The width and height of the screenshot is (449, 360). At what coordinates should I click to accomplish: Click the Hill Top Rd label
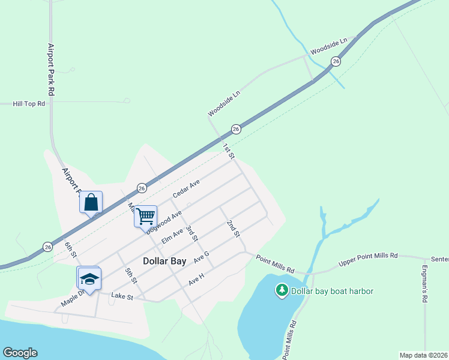tap(29, 104)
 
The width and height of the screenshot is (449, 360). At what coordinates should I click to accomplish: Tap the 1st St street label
tap(228, 151)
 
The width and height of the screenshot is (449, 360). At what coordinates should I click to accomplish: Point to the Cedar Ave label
tap(185, 190)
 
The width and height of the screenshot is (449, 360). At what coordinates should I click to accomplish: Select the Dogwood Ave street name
tap(164, 222)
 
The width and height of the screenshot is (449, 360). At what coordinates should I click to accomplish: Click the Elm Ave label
tap(172, 236)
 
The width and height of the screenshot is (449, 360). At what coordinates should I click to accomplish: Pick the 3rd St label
tap(191, 233)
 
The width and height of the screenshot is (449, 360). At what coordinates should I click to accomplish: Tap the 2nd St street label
tap(233, 228)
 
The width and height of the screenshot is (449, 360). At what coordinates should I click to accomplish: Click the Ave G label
tap(201, 257)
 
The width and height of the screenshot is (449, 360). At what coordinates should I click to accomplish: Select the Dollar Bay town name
tap(165, 261)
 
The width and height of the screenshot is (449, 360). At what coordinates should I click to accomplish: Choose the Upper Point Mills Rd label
tap(368, 259)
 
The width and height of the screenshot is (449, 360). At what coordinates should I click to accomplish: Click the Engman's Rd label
tap(424, 284)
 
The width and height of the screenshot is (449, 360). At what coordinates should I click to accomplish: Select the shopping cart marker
tap(145, 216)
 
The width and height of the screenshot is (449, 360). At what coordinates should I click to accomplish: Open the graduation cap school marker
tap(89, 279)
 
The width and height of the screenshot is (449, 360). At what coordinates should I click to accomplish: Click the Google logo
tap(20, 353)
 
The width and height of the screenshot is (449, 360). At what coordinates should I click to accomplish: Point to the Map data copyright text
tap(423, 355)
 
